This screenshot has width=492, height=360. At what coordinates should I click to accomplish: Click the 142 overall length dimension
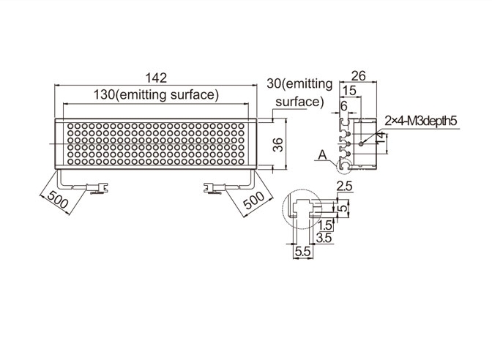(x=157, y=78)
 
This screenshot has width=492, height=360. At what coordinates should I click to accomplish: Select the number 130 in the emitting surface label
(x=105, y=94)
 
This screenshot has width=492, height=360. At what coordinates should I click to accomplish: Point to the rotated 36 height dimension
(x=278, y=145)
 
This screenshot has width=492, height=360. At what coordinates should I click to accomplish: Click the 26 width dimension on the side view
(x=358, y=75)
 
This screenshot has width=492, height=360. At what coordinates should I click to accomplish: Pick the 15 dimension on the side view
(x=349, y=90)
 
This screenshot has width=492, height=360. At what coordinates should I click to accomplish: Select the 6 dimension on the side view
(x=344, y=106)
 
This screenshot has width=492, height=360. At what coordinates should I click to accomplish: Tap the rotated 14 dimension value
(x=380, y=139)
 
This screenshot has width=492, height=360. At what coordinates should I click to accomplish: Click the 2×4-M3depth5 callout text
(x=421, y=121)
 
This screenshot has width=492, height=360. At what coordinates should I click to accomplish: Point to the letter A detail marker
(x=322, y=155)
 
